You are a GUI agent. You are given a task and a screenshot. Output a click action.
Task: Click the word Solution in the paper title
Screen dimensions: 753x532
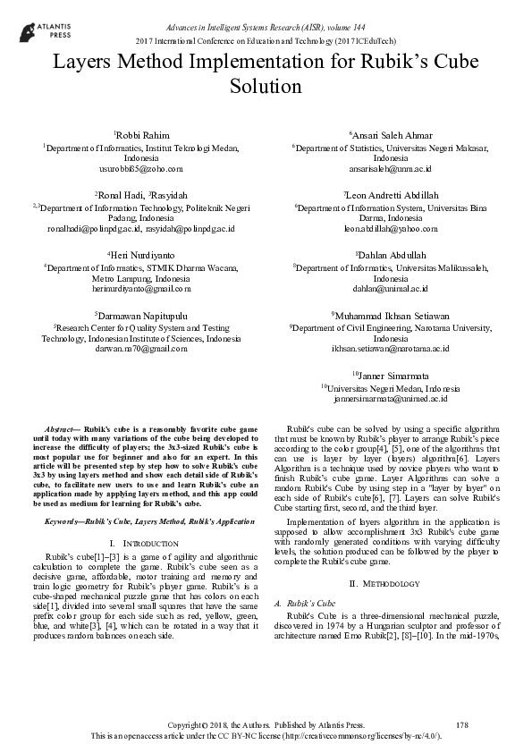266,87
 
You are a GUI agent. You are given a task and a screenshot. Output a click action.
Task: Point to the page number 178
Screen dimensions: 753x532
461,723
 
